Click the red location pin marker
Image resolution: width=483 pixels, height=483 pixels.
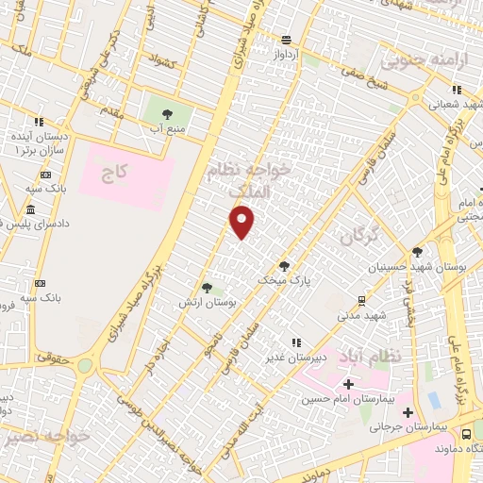pos(242,222)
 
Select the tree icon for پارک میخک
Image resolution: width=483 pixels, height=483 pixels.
pos(284,266)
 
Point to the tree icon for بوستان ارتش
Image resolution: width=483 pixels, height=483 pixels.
pos(206,287)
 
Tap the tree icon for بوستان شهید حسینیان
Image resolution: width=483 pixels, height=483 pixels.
pos(417,252)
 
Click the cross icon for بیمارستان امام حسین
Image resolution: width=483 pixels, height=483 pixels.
pos(349,384)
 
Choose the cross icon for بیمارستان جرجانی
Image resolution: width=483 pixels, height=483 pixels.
pos(407,413)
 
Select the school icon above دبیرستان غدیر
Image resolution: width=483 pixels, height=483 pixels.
pos(297,342)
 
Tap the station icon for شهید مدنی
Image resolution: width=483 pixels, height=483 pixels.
pos(361,301)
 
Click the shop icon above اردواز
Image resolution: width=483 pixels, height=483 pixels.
pos(285,40)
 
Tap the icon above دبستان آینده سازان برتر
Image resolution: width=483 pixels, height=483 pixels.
pos(39,122)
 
